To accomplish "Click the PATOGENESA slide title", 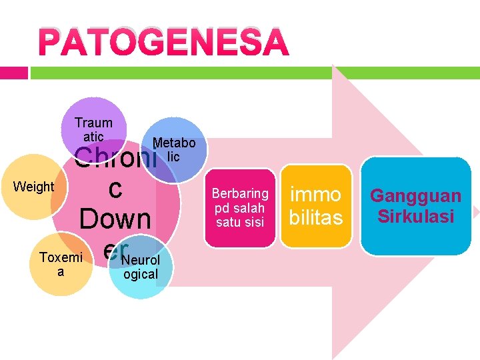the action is (x=164, y=43).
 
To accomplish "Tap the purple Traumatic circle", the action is (x=94, y=129).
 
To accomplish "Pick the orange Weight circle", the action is (x=35, y=187).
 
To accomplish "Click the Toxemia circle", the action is (x=61, y=264).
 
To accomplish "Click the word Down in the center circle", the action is (x=115, y=219).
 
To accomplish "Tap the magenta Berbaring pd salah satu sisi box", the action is (x=240, y=207).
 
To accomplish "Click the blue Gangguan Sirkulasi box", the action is (x=416, y=206).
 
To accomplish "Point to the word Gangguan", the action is (x=416, y=196).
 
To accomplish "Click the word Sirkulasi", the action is (x=416, y=216).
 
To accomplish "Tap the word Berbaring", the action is (x=240, y=193).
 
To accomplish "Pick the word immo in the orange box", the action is (x=316, y=195).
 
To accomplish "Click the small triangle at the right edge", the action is (x=475, y=212).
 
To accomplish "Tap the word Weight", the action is (x=33, y=187).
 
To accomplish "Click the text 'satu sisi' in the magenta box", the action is (x=240, y=222).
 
